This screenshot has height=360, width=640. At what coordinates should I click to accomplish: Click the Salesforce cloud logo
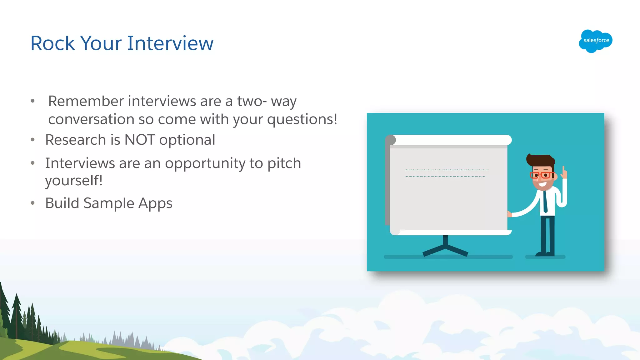pos(595,41)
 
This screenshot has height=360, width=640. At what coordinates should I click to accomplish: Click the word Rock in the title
pos(52,43)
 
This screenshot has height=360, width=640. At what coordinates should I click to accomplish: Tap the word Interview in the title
pos(170,43)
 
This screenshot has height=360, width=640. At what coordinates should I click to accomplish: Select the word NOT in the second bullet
pos(139,140)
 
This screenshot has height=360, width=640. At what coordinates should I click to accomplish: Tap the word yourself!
pos(74,181)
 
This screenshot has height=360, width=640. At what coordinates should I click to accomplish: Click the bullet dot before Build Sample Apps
pos(33,203)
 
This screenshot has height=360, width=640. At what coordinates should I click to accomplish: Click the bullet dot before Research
pos(33,140)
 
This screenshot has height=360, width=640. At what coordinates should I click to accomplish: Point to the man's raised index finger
pos(564,171)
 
